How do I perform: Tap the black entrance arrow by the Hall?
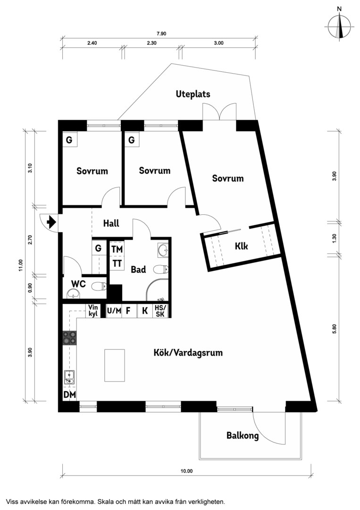point(51,223)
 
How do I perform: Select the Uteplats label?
point(193,94)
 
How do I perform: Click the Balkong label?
point(243,435)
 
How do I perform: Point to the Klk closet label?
point(242,246)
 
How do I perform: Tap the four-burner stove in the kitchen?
point(69,338)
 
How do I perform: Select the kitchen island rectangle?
point(115,365)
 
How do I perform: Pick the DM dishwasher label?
point(69,395)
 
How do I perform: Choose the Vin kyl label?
point(93,311)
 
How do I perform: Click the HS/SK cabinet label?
point(160,311)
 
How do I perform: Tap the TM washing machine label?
point(117,249)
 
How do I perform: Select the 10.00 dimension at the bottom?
point(187,471)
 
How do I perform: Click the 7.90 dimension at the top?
point(161,34)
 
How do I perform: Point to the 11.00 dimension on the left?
point(21,265)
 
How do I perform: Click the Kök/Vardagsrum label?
point(188,353)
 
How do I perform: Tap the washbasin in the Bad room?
point(163,250)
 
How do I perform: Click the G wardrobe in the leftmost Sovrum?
point(70,140)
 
